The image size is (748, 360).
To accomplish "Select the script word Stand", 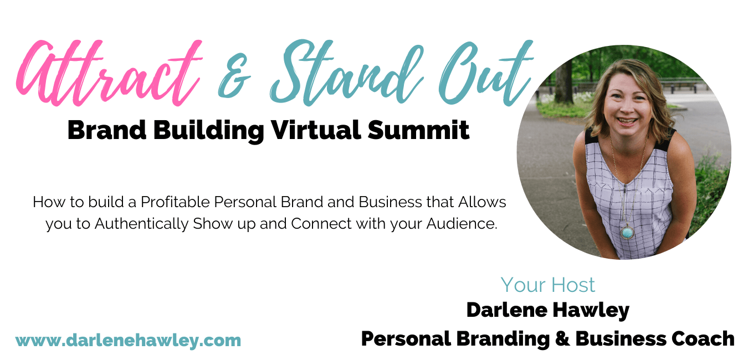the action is point(346,72).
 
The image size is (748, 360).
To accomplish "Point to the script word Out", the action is point(486,72).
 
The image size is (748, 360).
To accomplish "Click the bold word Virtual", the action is point(316,130).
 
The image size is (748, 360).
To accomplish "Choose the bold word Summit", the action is point(419,130).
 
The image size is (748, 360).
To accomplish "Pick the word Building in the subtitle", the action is point(209,131).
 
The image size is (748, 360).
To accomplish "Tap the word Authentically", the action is point(142,224).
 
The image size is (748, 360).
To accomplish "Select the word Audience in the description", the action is point(462,224).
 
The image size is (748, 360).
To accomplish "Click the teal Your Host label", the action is point(547,285).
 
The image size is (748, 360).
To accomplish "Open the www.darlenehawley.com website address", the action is point(128,341).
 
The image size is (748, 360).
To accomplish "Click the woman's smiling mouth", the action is point(627,121).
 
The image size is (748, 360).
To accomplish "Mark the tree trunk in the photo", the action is point(564,82).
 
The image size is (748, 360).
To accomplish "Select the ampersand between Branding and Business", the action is point(562,338).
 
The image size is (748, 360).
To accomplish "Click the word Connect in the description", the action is point(321,224).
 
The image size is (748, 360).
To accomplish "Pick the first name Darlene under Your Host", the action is point(507,310).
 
